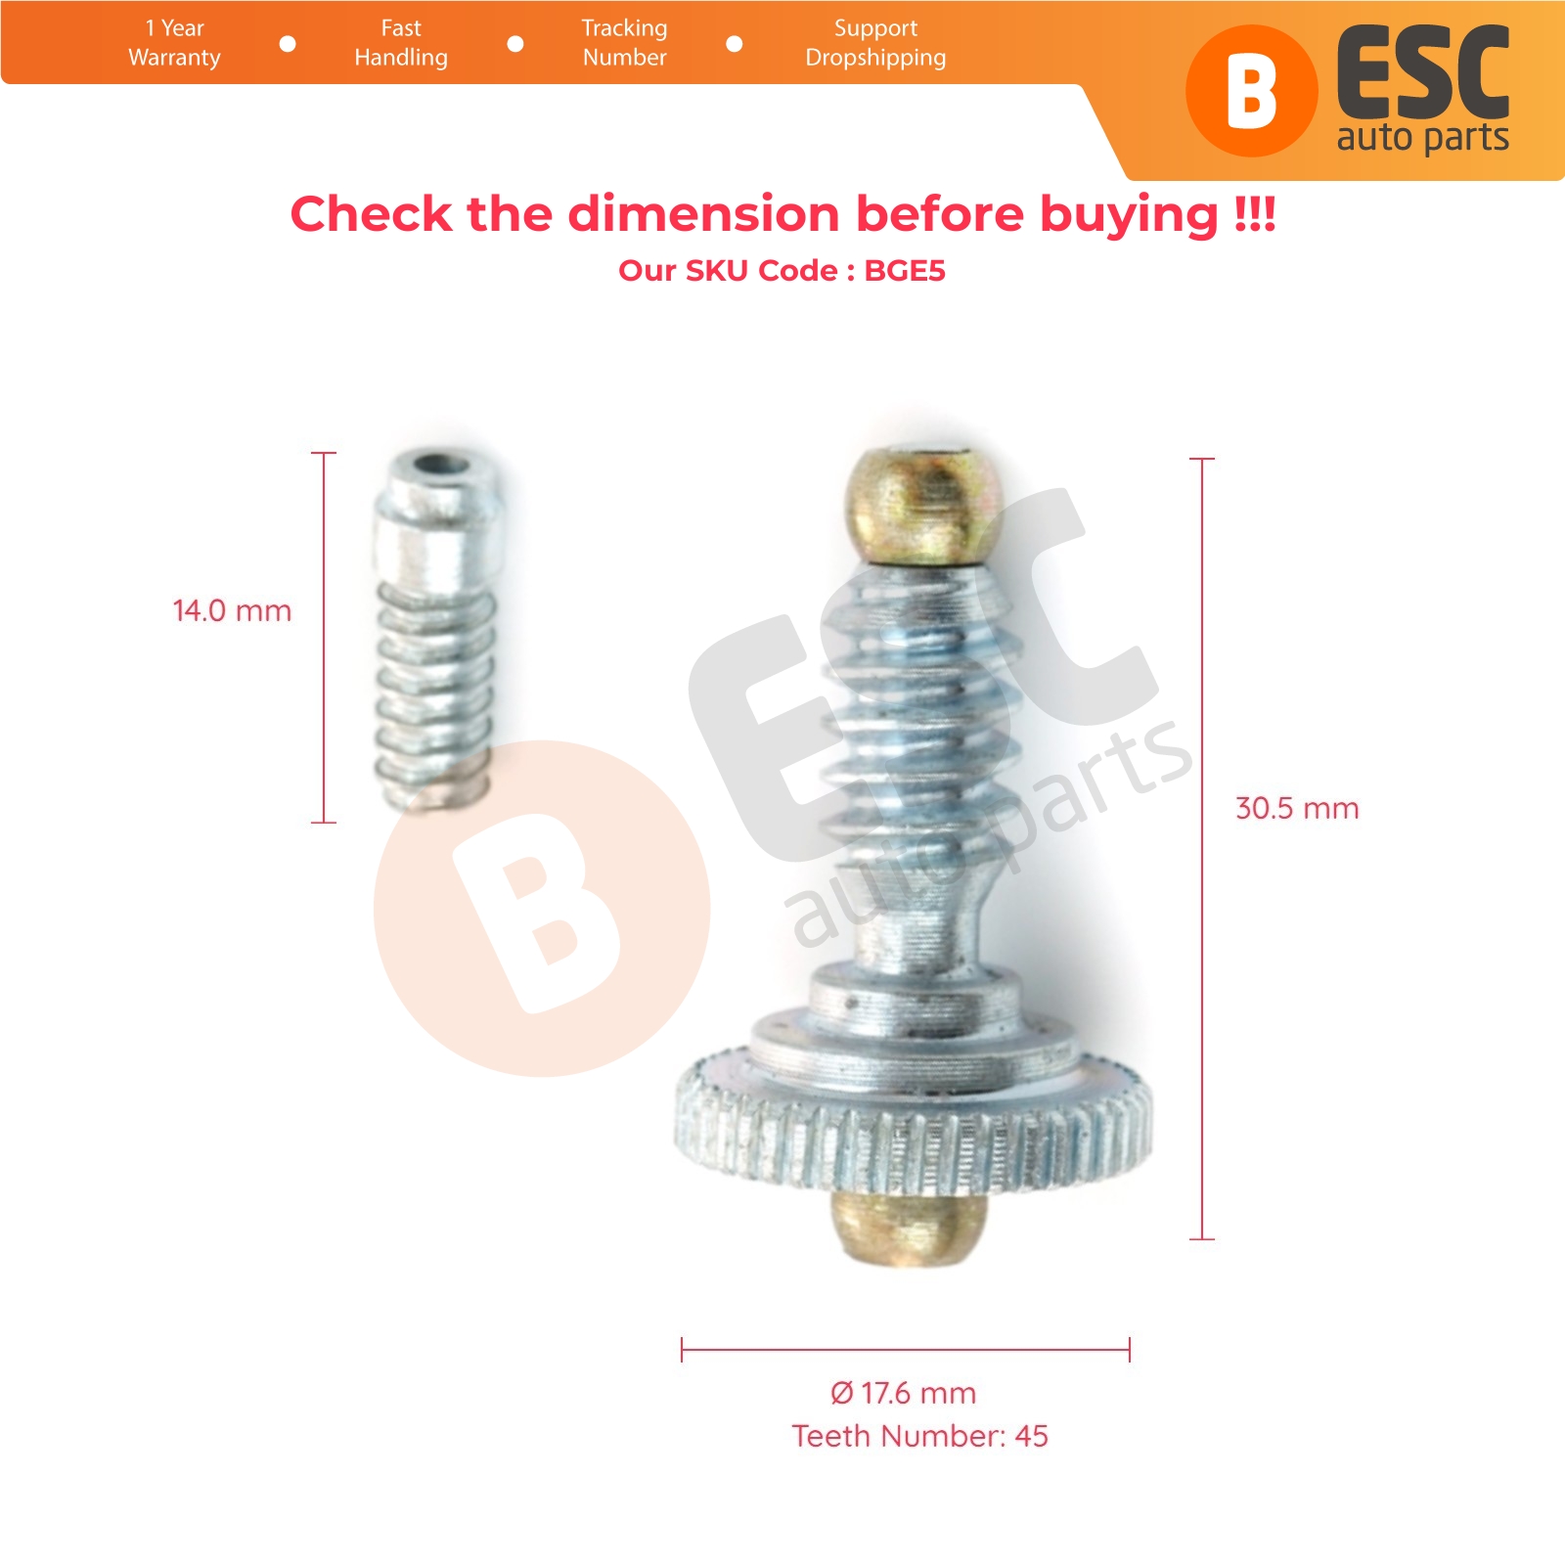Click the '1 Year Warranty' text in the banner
pyautogui.click(x=174, y=43)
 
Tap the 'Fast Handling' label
pyautogui.click(x=401, y=43)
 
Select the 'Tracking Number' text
pyautogui.click(x=624, y=43)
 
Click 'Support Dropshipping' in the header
pyautogui.click(x=875, y=43)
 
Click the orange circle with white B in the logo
pyautogui.click(x=1251, y=91)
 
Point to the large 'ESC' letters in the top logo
pyautogui.click(x=1423, y=73)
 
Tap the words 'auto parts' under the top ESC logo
pyautogui.click(x=1422, y=139)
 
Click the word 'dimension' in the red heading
pyautogui.click(x=703, y=213)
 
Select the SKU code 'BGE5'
pyautogui.click(x=905, y=270)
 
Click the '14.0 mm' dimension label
pyautogui.click(x=232, y=610)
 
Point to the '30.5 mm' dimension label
pyautogui.click(x=1297, y=808)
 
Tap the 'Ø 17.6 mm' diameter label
pyautogui.click(x=903, y=1393)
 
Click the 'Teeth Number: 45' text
pyautogui.click(x=919, y=1436)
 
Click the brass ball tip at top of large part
pyautogui.click(x=924, y=506)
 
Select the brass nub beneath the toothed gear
pyautogui.click(x=910, y=1228)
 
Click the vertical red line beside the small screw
pyautogui.click(x=323, y=638)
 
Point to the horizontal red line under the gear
pyautogui.click(x=906, y=1351)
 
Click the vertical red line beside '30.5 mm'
pyautogui.click(x=1202, y=849)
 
